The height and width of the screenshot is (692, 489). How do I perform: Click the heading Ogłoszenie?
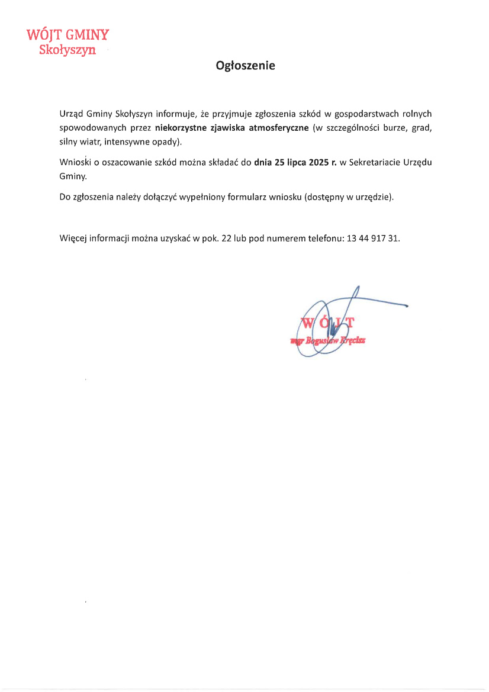[x=245, y=66]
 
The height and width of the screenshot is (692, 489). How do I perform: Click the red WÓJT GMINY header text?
[x=68, y=36]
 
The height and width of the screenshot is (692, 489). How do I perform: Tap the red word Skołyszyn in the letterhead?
[x=67, y=50]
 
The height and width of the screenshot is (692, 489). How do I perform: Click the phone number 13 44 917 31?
[x=374, y=239]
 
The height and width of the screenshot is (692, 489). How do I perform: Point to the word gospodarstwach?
[x=364, y=113]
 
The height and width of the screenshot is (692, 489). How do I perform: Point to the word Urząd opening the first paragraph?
[x=71, y=113]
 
